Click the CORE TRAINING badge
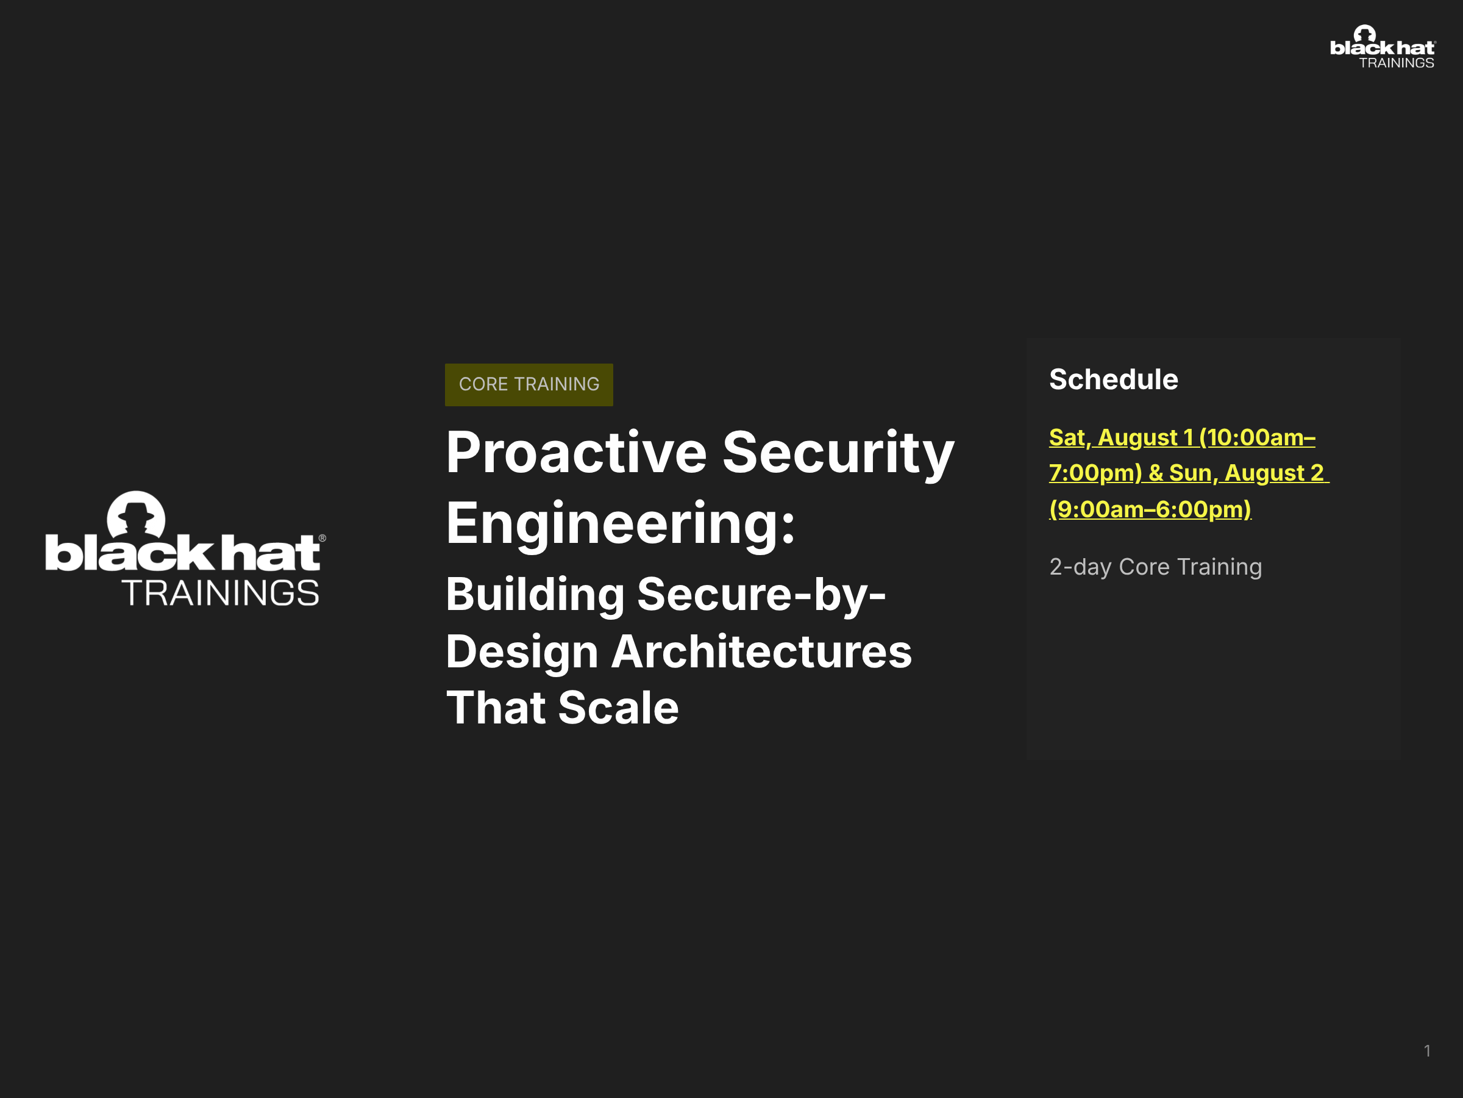pyautogui.click(x=529, y=384)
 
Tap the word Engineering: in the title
pyautogui.click(x=621, y=525)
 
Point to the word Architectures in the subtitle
pyautogui.click(x=761, y=652)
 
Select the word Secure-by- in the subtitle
pyautogui.click(x=761, y=595)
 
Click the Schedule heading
pyautogui.click(x=1113, y=380)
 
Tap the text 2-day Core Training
pyautogui.click(x=1155, y=567)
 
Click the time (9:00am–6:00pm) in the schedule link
pyautogui.click(x=1150, y=509)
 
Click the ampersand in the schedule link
pyautogui.click(x=1155, y=473)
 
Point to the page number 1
pyautogui.click(x=1427, y=1051)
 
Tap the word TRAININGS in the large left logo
pyautogui.click(x=221, y=593)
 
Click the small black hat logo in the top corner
pyautogui.click(x=1383, y=47)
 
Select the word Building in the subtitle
pyautogui.click(x=535, y=595)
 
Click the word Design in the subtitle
pyautogui.click(x=522, y=653)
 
